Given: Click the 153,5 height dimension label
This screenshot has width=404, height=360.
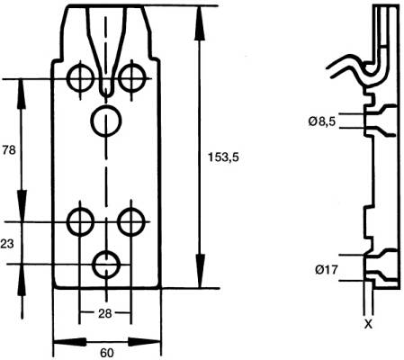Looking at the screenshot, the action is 223,157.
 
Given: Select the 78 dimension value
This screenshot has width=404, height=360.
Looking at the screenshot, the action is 9,149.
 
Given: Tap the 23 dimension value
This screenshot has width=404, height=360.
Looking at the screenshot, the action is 7,244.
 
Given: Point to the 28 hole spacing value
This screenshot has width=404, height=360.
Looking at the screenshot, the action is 104,314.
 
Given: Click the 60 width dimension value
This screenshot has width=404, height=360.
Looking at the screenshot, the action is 107,353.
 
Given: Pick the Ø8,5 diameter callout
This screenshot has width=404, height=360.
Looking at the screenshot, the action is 322,121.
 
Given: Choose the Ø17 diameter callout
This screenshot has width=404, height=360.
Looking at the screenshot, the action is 327,270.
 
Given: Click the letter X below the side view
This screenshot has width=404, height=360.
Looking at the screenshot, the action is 368,324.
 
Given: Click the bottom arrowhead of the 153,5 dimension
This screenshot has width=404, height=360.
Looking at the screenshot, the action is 200,272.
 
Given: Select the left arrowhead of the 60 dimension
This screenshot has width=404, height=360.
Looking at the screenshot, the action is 70,342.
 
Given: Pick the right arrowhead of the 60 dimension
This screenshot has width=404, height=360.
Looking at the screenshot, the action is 145,342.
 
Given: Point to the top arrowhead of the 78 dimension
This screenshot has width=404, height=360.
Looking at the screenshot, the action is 21,94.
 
